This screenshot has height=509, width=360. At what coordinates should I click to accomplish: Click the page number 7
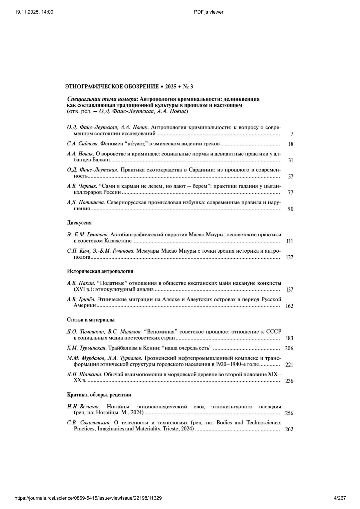[292, 134]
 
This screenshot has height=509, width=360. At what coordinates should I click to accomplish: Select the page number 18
[291, 144]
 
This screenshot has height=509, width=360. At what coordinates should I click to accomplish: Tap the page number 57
[290, 177]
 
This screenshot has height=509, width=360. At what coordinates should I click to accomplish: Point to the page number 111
[290, 241]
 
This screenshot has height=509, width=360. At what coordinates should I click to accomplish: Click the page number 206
[289, 349]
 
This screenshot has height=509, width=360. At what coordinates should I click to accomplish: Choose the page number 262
[289, 429]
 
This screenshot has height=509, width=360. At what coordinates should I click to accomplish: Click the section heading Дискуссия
[79, 223]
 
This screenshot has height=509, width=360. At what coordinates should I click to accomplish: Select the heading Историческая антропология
[100, 271]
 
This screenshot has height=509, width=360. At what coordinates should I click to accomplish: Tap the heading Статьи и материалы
[91, 320]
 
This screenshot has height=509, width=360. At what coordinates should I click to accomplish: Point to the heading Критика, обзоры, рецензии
[99, 395]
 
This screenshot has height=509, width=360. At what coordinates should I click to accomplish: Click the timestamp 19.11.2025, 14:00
[34, 12]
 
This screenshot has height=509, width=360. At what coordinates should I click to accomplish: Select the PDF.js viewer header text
[209, 12]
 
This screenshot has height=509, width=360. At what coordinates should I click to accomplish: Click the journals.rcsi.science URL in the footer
[88, 498]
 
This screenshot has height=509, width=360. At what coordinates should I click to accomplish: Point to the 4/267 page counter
[340, 498]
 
